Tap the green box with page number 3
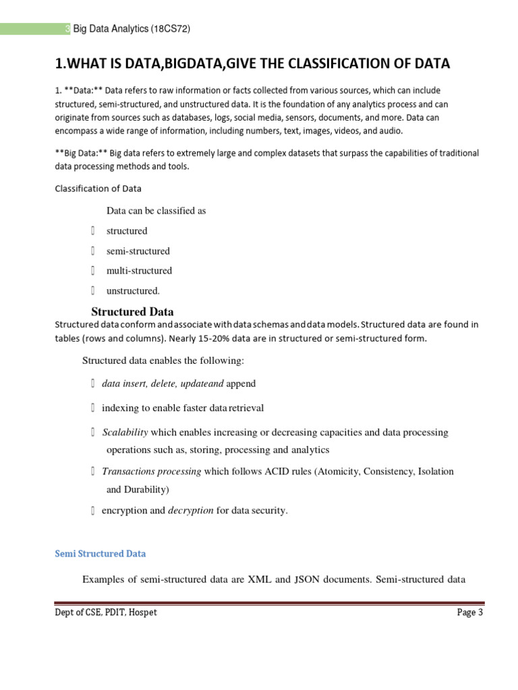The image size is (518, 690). (67, 28)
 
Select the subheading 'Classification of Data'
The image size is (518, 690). (98, 188)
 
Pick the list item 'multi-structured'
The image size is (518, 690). (139, 271)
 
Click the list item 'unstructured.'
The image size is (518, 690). (133, 291)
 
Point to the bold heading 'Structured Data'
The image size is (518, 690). (132, 312)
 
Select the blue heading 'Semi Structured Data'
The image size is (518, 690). (100, 553)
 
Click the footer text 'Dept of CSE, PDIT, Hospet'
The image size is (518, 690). (106, 613)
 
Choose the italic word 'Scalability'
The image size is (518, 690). (125, 432)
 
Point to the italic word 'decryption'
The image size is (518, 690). (190, 511)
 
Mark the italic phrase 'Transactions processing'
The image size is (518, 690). (151, 472)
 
